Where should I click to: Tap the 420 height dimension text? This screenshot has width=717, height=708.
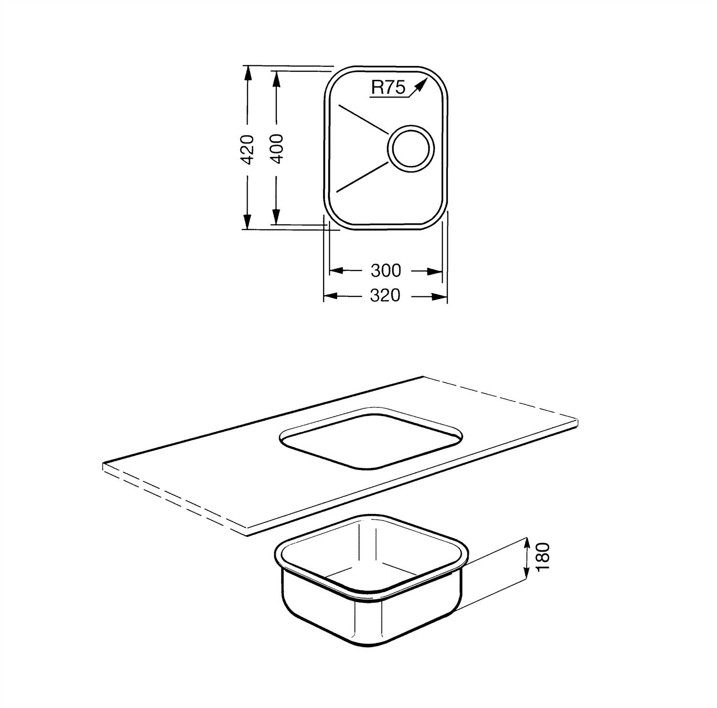(x=247, y=149)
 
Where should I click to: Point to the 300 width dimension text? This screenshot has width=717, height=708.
(x=385, y=271)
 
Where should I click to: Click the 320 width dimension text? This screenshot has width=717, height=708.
(x=385, y=296)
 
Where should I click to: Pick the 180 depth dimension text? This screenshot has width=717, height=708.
(x=543, y=556)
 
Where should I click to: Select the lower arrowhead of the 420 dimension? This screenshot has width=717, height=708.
(x=247, y=221)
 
